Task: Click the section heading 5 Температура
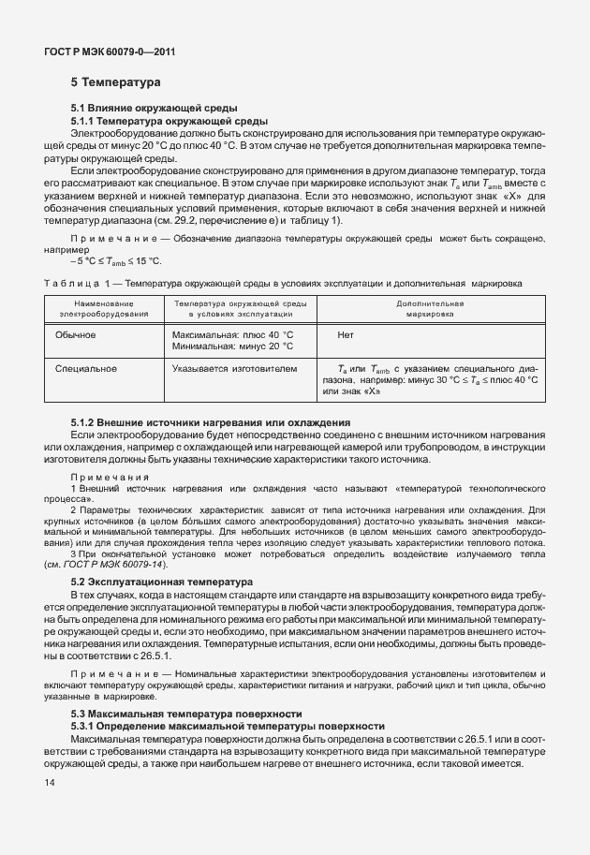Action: click(115, 83)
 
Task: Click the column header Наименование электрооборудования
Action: click(104, 309)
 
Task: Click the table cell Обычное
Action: click(75, 334)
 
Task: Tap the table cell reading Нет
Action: click(345, 334)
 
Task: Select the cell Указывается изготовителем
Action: click(234, 369)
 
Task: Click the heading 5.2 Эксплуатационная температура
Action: click(162, 582)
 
